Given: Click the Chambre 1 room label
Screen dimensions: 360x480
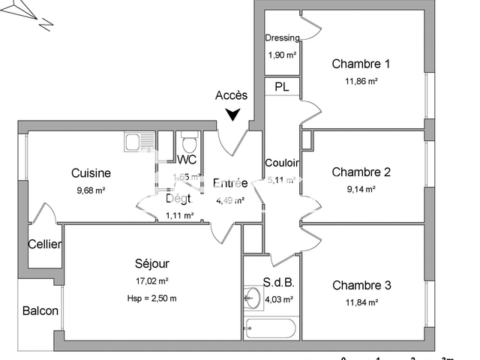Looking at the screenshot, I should point(361,64).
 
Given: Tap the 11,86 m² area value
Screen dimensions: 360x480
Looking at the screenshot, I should point(361,81).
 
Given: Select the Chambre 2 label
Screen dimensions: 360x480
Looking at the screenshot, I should point(361,172).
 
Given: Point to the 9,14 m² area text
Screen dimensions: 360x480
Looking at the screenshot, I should point(361,190).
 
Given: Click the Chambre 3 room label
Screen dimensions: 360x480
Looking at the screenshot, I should point(361,285).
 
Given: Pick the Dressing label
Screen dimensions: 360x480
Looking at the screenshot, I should point(282,38).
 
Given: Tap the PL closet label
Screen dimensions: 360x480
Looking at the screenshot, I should point(282,87).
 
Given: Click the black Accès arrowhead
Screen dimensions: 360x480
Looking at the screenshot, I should point(234,114).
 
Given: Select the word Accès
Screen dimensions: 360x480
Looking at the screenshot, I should point(231,95).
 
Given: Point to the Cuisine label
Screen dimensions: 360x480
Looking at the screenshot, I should point(91,173).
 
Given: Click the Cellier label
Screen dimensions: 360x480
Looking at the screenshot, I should point(45,244).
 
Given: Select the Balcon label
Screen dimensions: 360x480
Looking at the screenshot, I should point(40,310).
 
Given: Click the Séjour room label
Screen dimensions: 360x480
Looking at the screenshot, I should point(152,264).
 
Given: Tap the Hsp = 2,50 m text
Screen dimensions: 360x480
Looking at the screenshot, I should point(152,298).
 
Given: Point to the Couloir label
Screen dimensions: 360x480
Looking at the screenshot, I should point(282,163).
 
